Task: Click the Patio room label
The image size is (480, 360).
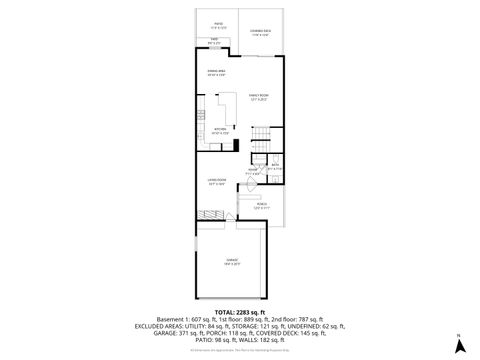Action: [218, 23]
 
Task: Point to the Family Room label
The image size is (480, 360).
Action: [259, 96]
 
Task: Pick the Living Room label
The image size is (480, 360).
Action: [217, 182]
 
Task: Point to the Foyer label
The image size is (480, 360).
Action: [254, 170]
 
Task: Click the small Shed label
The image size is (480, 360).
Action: [214, 41]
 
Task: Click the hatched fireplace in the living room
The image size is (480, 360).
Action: [210, 217]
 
